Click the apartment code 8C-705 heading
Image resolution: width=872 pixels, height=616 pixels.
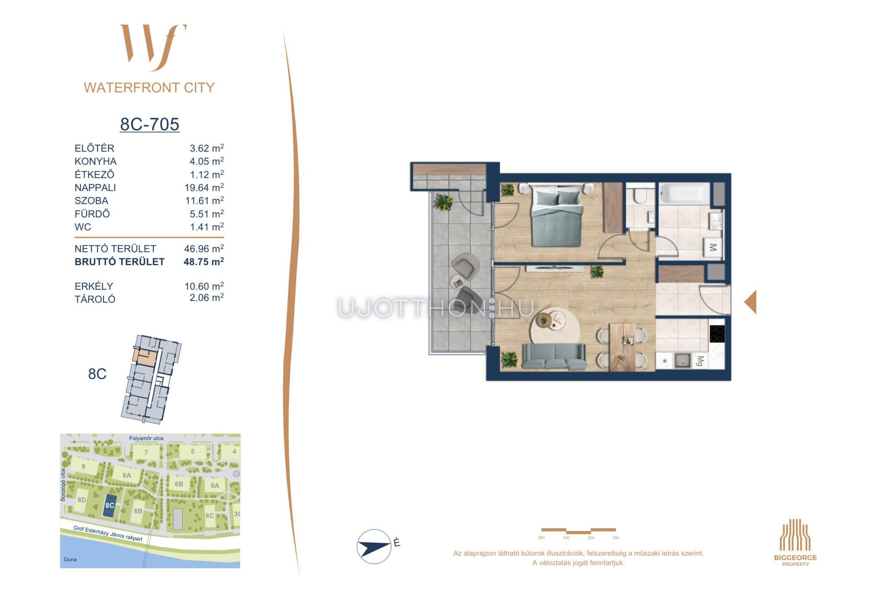tap(149, 124)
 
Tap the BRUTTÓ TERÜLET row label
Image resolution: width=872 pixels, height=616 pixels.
tap(119, 262)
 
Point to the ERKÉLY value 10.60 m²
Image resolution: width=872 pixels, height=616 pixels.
tap(204, 286)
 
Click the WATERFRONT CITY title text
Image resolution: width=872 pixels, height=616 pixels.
tap(149, 88)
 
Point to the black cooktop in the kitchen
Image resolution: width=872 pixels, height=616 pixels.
tap(717, 334)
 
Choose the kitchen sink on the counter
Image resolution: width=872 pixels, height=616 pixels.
tap(682, 361)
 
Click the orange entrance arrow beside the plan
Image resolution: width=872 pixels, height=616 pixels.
tap(750, 302)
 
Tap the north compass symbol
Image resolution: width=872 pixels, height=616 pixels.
tap(374, 547)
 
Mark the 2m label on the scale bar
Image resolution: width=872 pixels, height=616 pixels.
tap(590, 537)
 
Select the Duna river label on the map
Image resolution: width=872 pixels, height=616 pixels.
tap(70, 559)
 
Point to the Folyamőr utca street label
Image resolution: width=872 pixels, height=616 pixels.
tap(146, 439)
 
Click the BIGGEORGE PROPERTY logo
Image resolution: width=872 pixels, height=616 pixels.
tap(795, 542)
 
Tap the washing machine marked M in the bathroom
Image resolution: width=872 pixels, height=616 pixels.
tap(713, 247)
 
